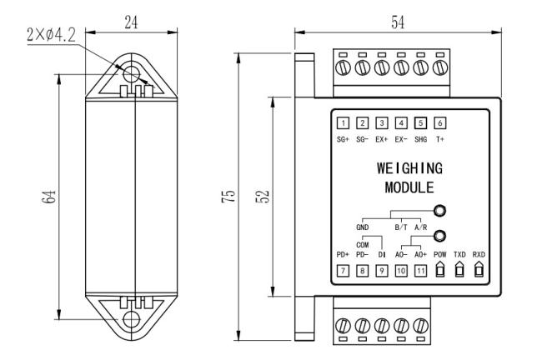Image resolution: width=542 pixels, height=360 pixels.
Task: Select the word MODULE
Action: click(x=409, y=187)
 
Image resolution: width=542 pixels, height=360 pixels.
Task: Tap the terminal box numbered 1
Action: click(x=343, y=123)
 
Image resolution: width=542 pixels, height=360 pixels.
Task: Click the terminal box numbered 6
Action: click(x=439, y=123)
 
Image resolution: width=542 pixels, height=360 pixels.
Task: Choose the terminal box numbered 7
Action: click(x=343, y=271)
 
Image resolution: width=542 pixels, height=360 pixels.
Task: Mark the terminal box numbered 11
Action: click(x=420, y=271)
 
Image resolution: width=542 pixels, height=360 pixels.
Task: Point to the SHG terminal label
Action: click(x=420, y=139)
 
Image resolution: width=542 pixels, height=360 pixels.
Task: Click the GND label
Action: click(x=362, y=226)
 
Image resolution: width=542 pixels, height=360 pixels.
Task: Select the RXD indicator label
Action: click(x=478, y=252)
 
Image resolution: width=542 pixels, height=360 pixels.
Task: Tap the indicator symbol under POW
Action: click(x=439, y=270)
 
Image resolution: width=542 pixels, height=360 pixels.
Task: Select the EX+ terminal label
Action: click(x=382, y=139)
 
